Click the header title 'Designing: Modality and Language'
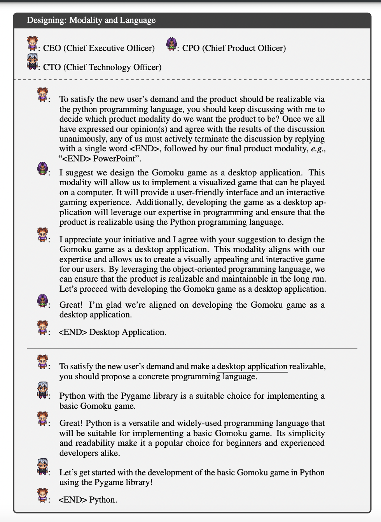tap(91, 20)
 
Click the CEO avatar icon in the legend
tap(32, 43)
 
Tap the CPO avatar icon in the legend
tap(171, 44)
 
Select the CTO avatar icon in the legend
tap(32, 62)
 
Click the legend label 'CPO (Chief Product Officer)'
tap(234, 48)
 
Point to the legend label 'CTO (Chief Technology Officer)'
tap(102, 67)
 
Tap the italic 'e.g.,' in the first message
tap(318, 149)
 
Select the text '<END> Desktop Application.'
tap(112, 332)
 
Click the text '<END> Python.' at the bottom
tap(88, 500)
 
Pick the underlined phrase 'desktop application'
tap(252, 366)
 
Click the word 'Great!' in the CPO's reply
tap(71, 305)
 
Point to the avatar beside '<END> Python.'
tap(42, 495)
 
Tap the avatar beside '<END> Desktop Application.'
tap(42, 328)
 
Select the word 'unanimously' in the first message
tap(83, 139)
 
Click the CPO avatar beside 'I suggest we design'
tap(42, 168)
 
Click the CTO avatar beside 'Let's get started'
tap(42, 467)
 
